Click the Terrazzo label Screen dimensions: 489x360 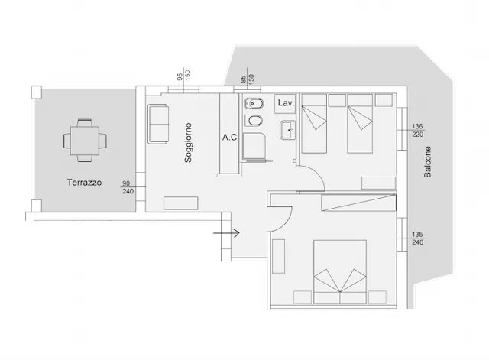click(84, 183)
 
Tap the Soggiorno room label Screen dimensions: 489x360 click(188, 143)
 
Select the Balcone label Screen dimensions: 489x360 click(428, 162)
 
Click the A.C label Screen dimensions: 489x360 click(229, 138)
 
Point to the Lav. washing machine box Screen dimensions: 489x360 click(285, 104)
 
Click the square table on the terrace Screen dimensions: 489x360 click(85, 141)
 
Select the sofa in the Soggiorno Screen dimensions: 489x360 click(158, 124)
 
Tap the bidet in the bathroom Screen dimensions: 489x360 click(254, 104)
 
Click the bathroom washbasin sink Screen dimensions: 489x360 click(287, 130)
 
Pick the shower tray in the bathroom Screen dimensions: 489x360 click(254, 146)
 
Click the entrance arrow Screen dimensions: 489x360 click(226, 233)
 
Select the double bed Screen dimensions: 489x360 click(340, 271)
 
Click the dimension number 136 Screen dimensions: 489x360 click(417, 126)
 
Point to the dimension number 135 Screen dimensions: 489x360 click(417, 235)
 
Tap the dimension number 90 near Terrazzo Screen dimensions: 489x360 click(126, 183)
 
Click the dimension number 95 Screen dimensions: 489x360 click(180, 76)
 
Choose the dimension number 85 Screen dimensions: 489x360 click(244, 79)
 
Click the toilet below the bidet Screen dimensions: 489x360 click(254, 121)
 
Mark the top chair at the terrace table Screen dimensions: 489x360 click(85, 122)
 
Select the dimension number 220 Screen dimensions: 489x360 click(417, 135)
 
